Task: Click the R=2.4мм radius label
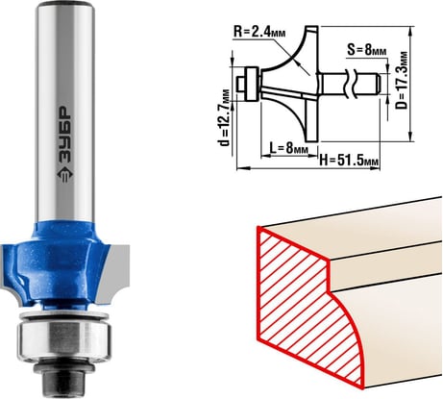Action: [x=259, y=32]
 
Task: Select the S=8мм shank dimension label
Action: [x=367, y=50]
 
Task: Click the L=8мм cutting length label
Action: [x=289, y=148]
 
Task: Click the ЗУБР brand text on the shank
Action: [x=64, y=136]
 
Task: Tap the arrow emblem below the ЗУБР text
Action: [x=65, y=176]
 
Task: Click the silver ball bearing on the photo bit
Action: [x=64, y=337]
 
